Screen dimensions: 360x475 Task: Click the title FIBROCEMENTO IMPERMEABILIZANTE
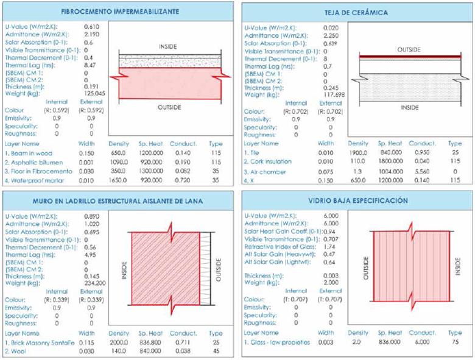coord(116,12)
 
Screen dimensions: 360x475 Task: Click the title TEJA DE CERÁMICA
coord(357,12)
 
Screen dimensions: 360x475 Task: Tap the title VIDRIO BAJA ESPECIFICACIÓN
coord(357,200)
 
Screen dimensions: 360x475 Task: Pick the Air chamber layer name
coord(267,172)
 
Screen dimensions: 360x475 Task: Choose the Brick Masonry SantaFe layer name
coord(39,343)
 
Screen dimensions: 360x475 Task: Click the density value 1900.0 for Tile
coord(357,152)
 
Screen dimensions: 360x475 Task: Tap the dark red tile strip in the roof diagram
coord(408,58)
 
